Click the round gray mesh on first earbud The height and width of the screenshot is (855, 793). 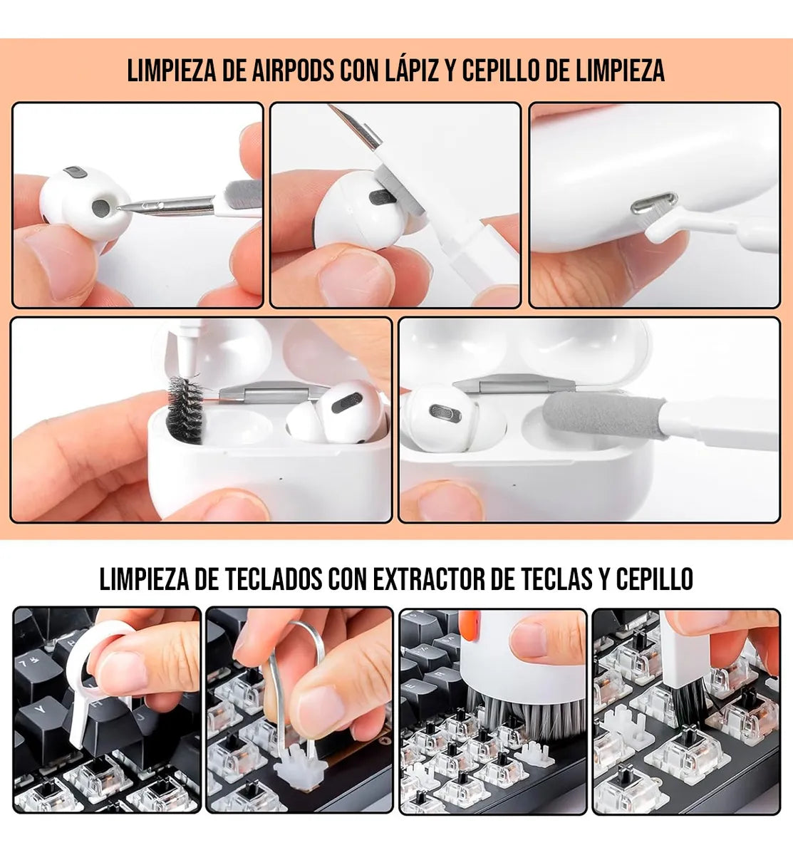[101, 207]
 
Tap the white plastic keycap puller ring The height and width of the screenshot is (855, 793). [107, 645]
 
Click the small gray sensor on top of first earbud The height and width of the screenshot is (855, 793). [75, 172]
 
